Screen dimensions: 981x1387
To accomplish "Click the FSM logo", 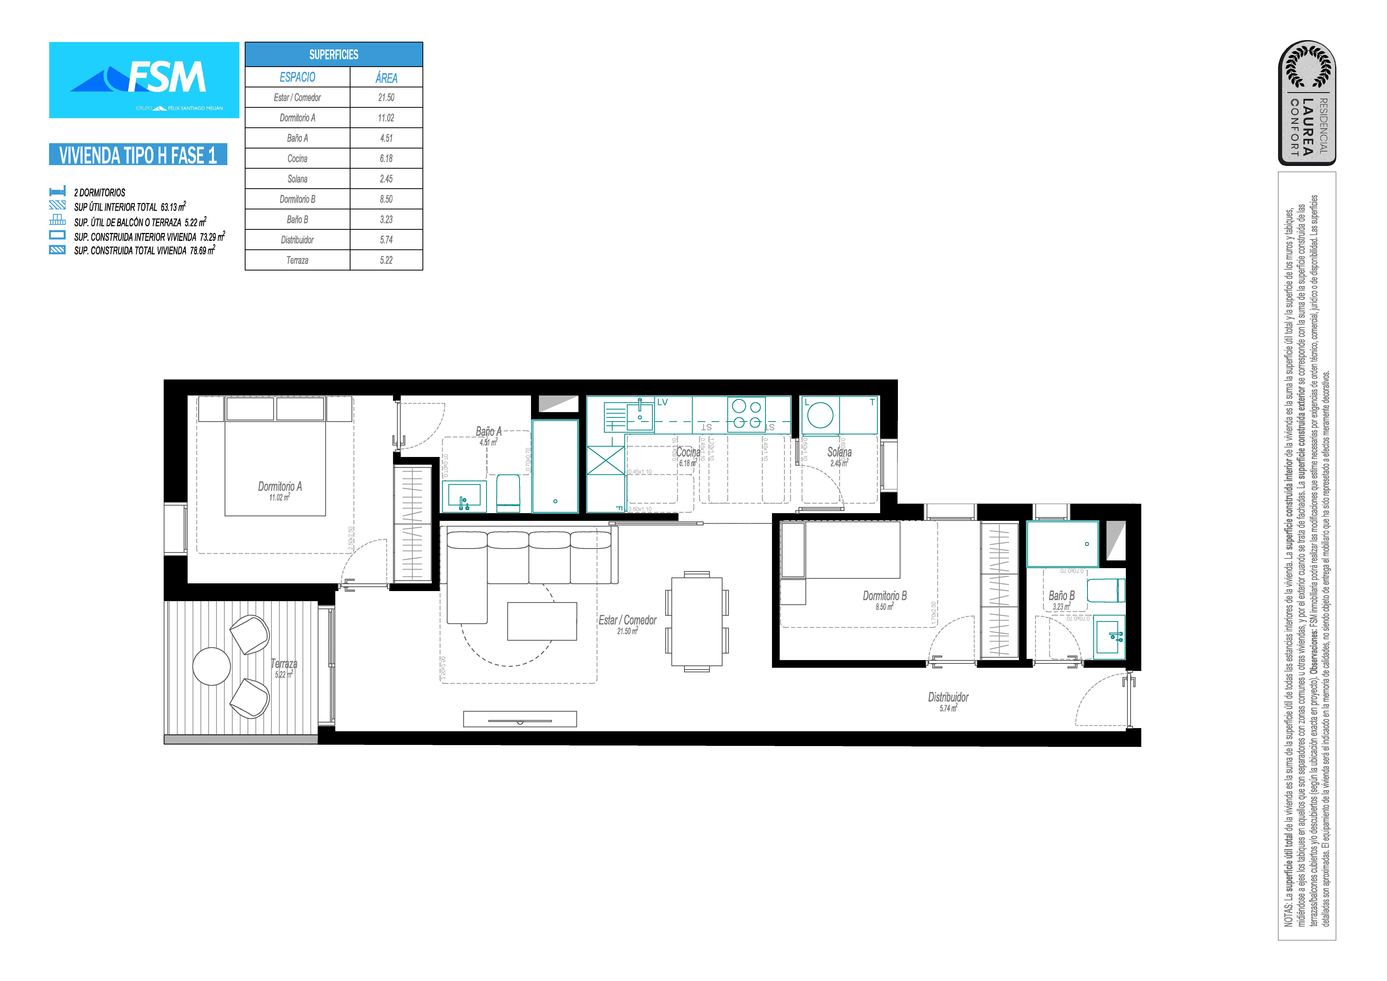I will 144,80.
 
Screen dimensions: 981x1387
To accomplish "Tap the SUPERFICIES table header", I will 334,54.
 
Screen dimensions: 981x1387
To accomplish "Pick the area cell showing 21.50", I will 386,97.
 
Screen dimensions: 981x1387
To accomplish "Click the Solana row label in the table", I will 297,179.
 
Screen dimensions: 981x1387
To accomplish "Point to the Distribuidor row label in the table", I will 297,240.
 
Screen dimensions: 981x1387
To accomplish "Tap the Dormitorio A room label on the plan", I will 280,487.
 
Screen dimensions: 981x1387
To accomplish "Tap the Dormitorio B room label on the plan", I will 884,596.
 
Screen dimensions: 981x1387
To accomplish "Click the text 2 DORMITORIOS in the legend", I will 100,193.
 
